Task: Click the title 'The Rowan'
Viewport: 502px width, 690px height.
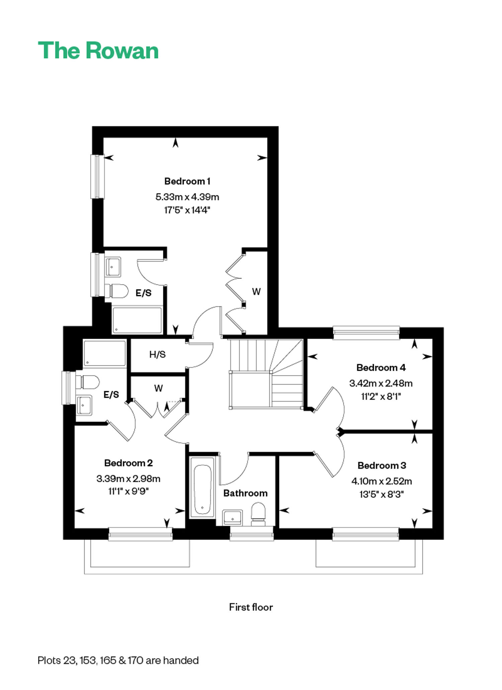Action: click(x=98, y=51)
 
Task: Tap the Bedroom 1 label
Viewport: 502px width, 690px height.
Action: click(x=187, y=181)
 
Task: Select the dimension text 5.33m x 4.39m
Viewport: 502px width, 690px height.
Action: click(x=187, y=197)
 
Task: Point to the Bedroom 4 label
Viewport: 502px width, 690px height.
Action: click(x=381, y=368)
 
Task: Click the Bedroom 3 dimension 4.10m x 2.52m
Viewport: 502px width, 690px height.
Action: click(x=382, y=481)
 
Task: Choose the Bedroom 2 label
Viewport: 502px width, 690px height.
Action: click(x=129, y=463)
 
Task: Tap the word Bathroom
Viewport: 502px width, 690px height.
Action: click(x=245, y=493)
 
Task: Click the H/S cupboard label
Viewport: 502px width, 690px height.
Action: click(x=157, y=354)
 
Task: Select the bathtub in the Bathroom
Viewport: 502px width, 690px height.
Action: click(x=202, y=488)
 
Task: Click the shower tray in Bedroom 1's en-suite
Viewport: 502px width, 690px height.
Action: click(x=137, y=320)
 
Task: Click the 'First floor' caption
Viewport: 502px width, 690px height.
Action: click(x=251, y=607)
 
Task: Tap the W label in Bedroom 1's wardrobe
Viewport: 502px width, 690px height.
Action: click(x=256, y=292)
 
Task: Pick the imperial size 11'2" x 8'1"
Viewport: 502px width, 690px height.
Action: click(x=381, y=397)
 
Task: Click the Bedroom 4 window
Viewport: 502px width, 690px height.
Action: click(x=366, y=333)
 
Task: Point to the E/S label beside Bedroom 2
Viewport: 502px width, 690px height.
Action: click(x=111, y=395)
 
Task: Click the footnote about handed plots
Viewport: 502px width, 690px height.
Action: click(x=118, y=660)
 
